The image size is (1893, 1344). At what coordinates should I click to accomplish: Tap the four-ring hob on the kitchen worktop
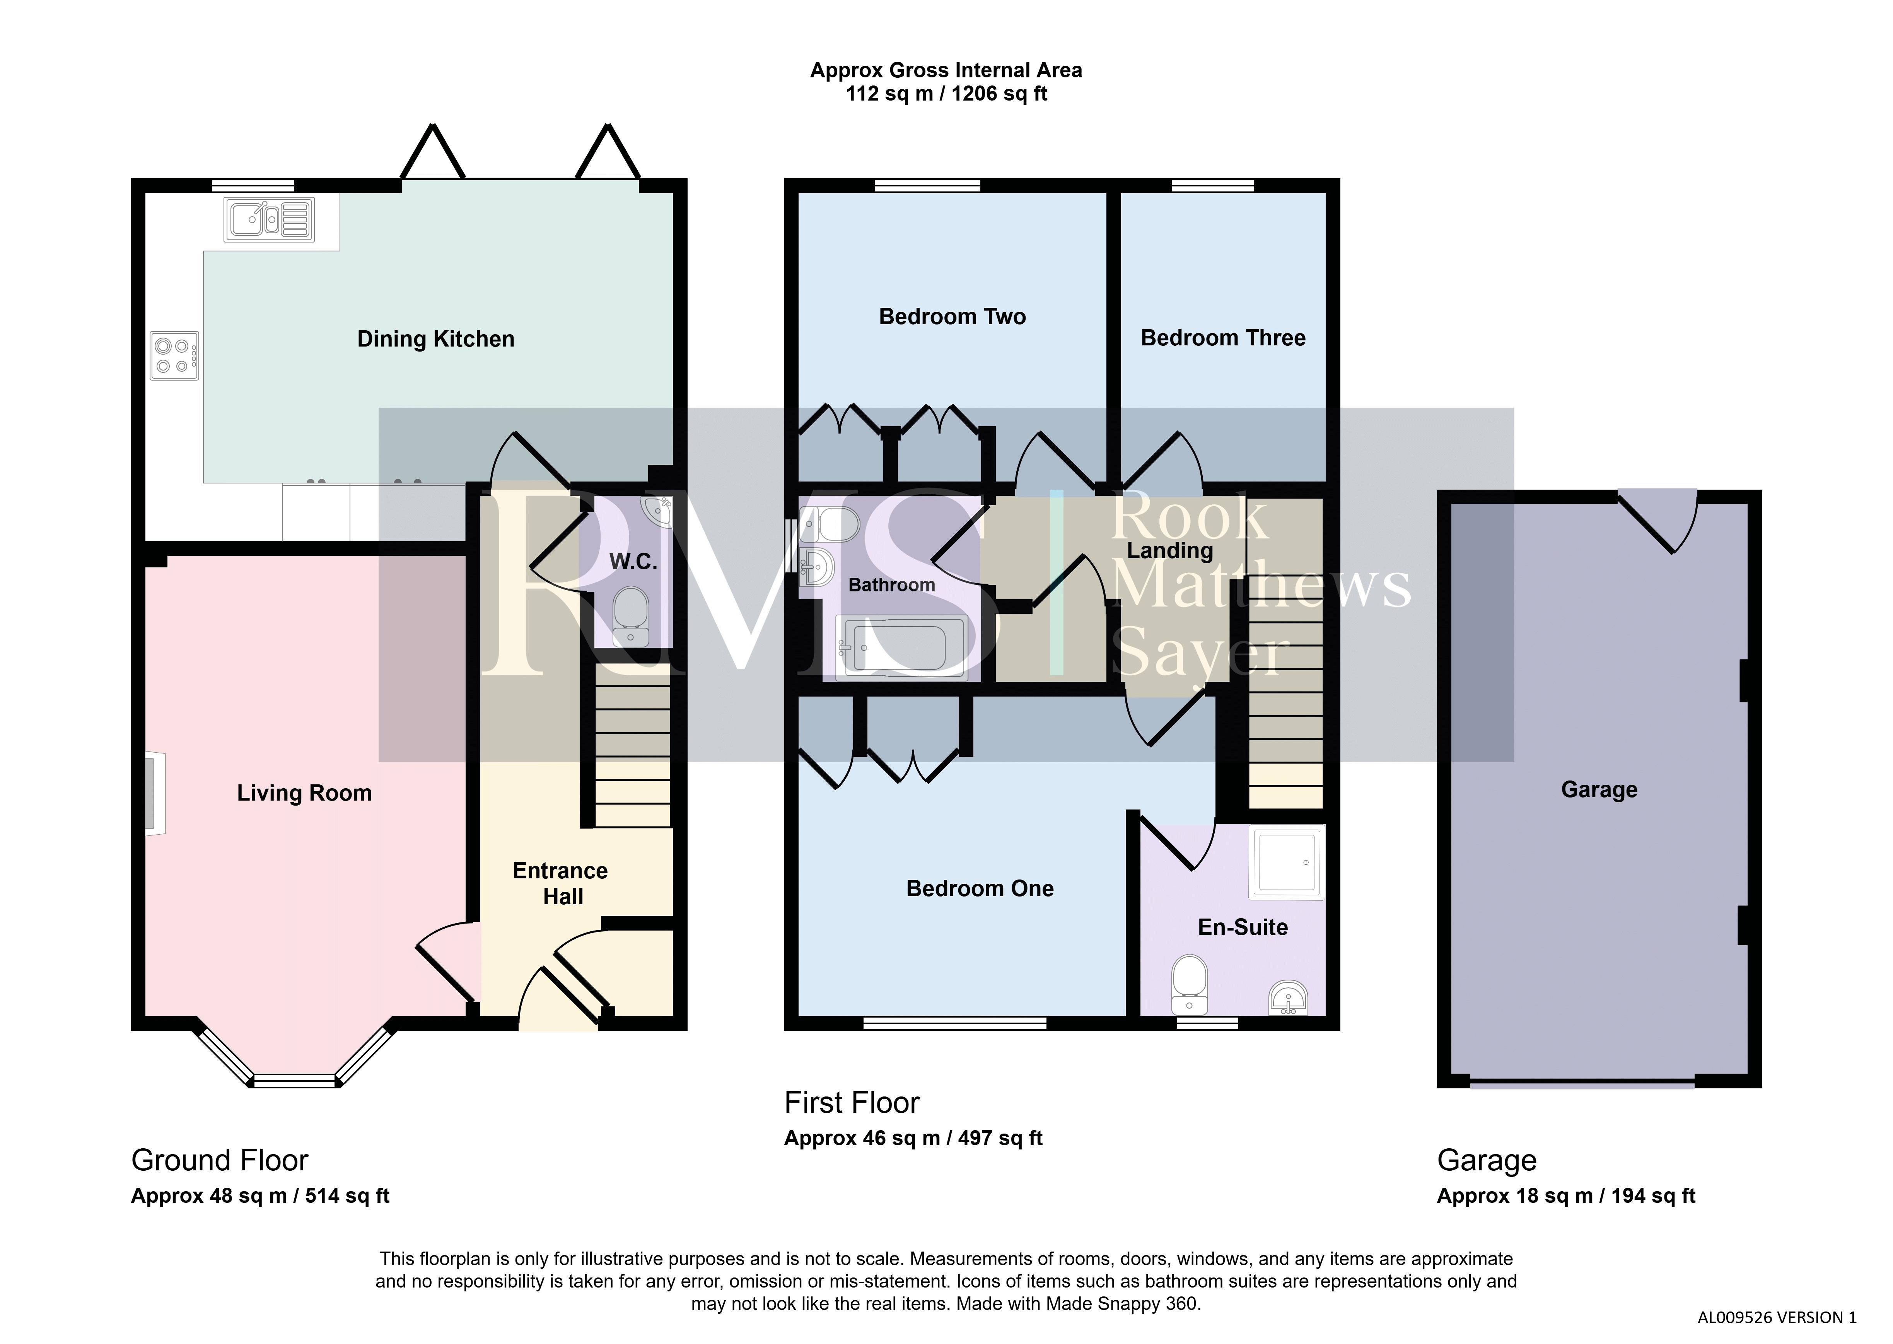pos(174,356)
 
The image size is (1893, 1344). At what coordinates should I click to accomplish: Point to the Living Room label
pos(304,793)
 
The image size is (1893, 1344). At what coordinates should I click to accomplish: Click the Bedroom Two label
pos(952,317)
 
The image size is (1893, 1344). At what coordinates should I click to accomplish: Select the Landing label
pos(1170,550)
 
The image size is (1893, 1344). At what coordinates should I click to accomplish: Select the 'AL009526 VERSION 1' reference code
pos(1777,1318)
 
